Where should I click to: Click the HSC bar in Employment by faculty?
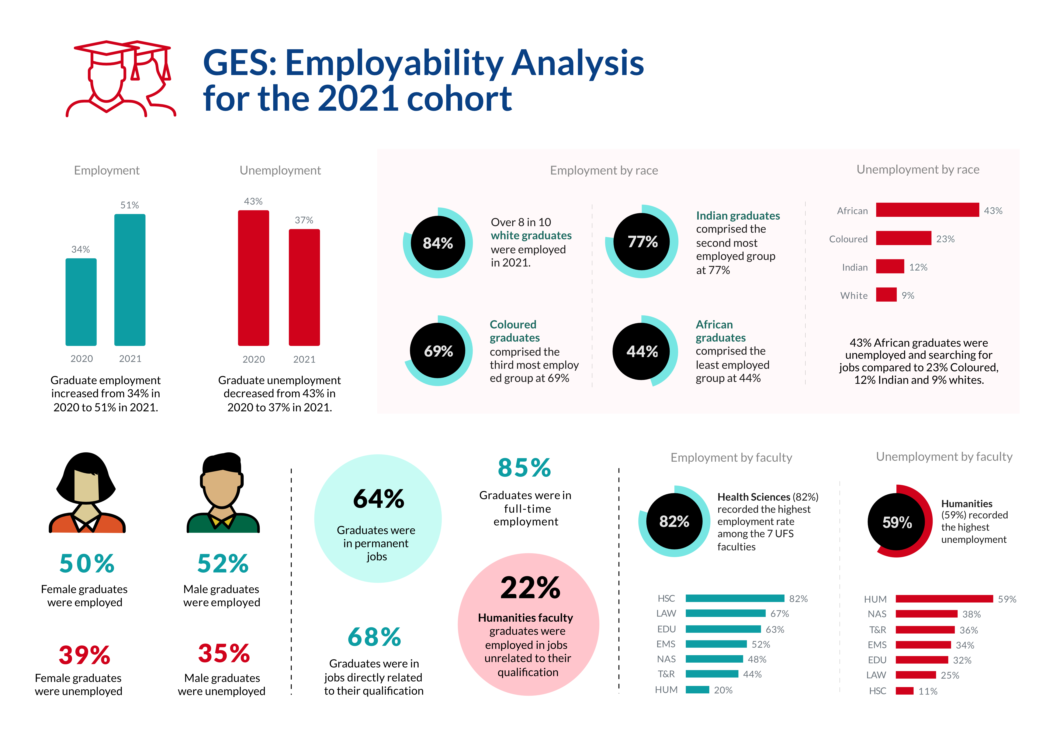click(735, 598)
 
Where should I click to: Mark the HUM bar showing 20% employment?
click(697, 690)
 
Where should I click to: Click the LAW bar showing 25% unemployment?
click(915, 675)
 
